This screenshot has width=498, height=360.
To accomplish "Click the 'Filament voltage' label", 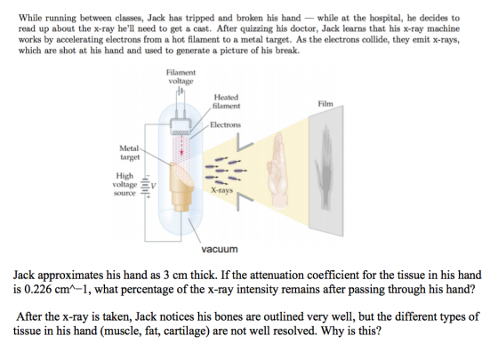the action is pyautogui.click(x=181, y=76).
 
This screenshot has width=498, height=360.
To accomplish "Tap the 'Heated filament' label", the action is pyautogui.click(x=226, y=101).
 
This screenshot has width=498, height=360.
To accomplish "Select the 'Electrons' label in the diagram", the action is pyautogui.click(x=225, y=124).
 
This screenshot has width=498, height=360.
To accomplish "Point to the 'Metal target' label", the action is pyautogui.click(x=130, y=152).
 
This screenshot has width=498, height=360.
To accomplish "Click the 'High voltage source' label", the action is pyautogui.click(x=124, y=184).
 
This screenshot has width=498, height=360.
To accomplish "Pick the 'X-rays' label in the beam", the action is pyautogui.click(x=222, y=190).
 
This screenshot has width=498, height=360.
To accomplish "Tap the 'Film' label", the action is pyautogui.click(x=325, y=104).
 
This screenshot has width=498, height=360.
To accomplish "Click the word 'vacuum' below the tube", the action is pyautogui.click(x=220, y=249).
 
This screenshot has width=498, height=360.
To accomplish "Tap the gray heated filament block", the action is pyautogui.click(x=181, y=126).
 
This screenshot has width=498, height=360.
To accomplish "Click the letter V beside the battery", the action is pyautogui.click(x=153, y=186).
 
